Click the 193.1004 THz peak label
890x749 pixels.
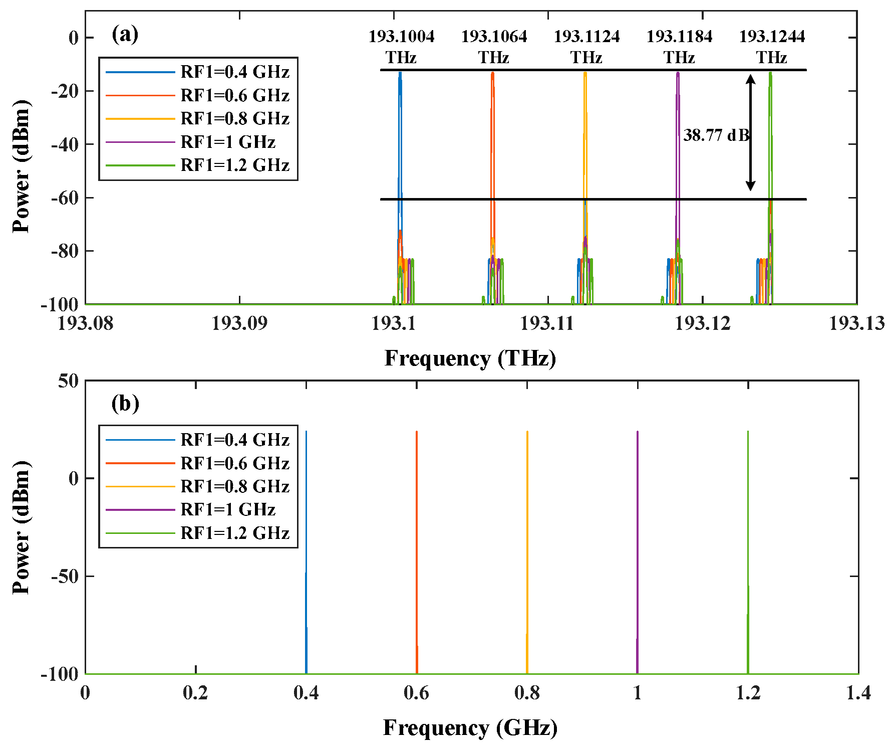(x=401, y=46)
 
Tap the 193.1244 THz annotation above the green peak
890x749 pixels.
(x=772, y=46)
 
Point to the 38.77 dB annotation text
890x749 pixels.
(x=716, y=135)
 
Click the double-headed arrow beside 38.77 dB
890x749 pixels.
(x=750, y=133)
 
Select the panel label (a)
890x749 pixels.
(x=125, y=34)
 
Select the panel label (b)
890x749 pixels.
(x=125, y=403)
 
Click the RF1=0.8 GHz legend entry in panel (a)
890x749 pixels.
(x=234, y=118)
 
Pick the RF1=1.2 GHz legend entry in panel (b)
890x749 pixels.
(x=234, y=532)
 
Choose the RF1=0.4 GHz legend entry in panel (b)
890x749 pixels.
(x=234, y=440)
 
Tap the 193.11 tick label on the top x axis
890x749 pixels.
(x=546, y=323)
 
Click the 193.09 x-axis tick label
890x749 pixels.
(x=239, y=323)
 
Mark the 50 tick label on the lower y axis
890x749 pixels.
(x=68, y=381)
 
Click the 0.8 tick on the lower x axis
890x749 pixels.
(x=527, y=693)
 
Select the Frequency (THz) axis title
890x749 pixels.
(x=470, y=358)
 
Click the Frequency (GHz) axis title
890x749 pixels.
(x=470, y=728)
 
